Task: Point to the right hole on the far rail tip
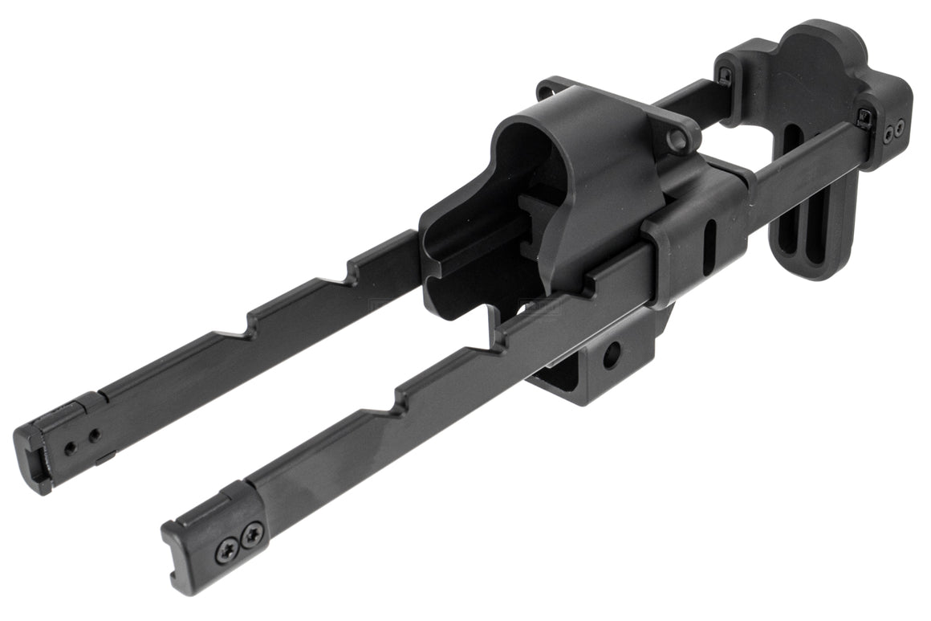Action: coord(95,436)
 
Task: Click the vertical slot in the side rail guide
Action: coord(709,242)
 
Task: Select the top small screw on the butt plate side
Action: coord(888,130)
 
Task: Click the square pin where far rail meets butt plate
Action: coord(725,76)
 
